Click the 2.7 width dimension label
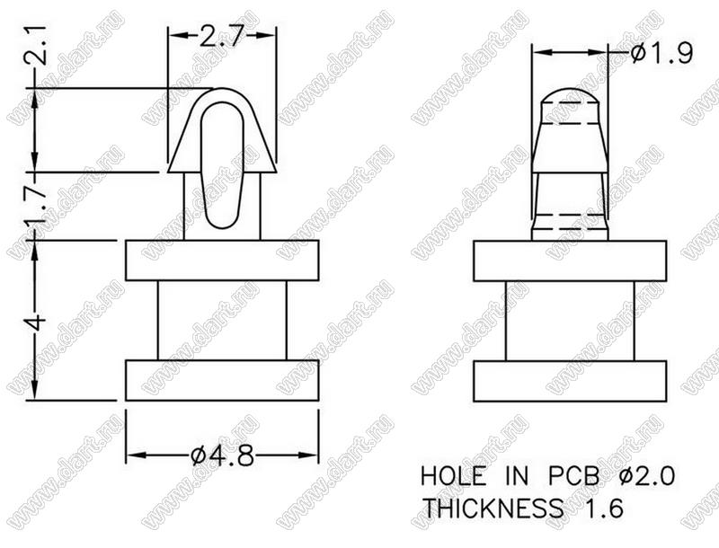[220, 37]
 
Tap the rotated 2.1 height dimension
[36, 45]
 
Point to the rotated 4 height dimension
[36, 323]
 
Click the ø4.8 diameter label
[222, 455]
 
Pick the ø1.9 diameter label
[661, 54]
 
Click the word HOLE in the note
[453, 475]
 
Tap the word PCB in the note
[573, 475]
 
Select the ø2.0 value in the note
[646, 475]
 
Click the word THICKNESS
[493, 508]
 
